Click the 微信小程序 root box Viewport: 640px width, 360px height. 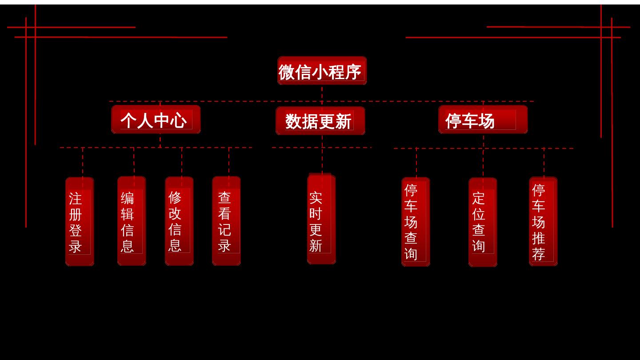tap(322, 71)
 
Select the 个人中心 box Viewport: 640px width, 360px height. tap(156, 120)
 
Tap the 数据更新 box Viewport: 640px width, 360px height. tap(320, 121)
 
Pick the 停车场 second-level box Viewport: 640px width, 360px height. tap(483, 120)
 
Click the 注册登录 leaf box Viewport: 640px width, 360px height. tap(80, 221)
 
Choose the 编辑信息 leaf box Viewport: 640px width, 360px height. tap(132, 221)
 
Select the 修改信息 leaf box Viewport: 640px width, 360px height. tap(179, 221)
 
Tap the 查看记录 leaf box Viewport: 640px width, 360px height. tap(226, 221)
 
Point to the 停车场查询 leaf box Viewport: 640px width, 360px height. tap(416, 222)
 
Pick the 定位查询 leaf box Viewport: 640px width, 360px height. tap(483, 222)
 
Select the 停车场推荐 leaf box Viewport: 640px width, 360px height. tap(543, 221)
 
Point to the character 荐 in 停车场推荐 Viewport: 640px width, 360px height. tap(539, 254)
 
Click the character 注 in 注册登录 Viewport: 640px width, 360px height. tap(76, 198)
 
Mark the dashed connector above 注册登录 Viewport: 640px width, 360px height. tap(83, 163)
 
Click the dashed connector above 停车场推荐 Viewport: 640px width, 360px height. tap(544, 163)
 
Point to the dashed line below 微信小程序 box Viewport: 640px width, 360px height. tap(322, 93)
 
